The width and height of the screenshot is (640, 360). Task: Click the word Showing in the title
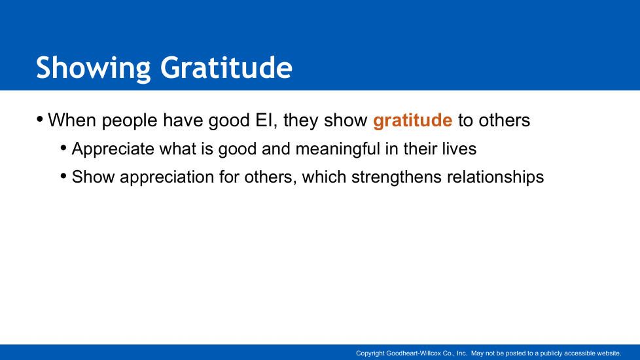point(94,69)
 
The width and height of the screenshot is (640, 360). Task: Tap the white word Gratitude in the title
point(226,67)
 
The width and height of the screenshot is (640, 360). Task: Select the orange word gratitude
point(413,121)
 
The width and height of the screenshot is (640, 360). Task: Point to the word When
point(72,120)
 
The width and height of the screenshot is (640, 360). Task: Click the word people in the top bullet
point(130,121)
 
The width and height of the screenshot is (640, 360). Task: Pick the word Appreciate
point(113,149)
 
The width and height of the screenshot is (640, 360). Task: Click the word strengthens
point(397,177)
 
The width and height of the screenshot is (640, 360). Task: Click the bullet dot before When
point(40,120)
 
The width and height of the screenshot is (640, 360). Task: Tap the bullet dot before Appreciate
point(63,148)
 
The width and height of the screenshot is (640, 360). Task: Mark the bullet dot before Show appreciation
point(63,176)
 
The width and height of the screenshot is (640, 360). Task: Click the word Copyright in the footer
point(370,353)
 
